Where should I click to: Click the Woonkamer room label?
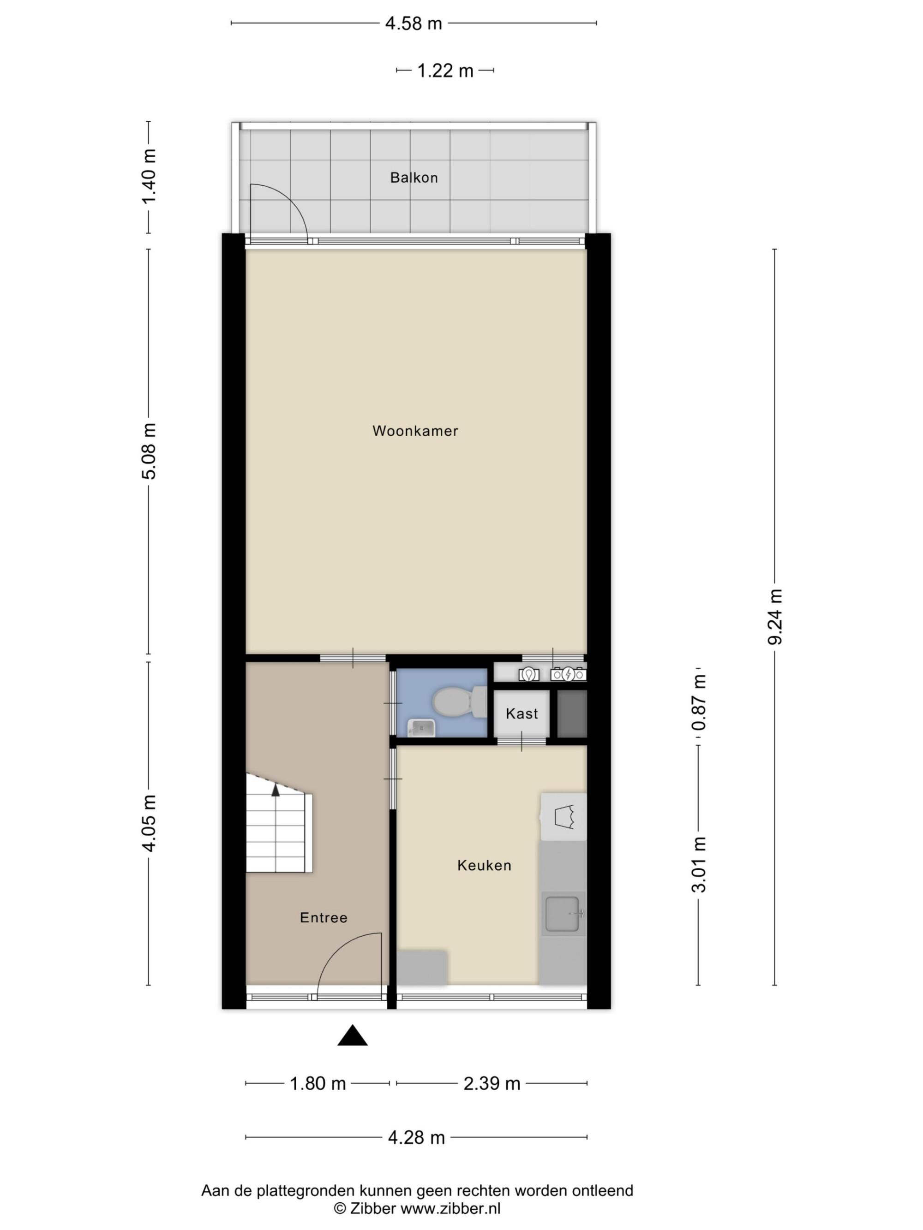[415, 431]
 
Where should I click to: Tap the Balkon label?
[414, 178]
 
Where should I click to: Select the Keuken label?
[484, 865]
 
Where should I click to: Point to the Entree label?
[323, 917]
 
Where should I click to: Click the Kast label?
[522, 713]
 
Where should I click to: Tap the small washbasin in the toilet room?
[421, 727]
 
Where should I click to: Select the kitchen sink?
[563, 914]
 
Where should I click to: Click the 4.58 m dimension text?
[414, 24]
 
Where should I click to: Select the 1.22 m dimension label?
[445, 71]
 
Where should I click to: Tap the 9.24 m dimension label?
[775, 617]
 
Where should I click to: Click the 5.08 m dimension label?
[149, 451]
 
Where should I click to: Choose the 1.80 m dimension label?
[318, 1083]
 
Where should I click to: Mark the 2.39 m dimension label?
[492, 1083]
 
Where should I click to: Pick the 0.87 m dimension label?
[699, 702]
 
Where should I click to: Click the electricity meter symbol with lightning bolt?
[568, 675]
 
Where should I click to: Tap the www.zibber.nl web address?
[450, 1208]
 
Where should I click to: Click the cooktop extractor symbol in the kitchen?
[563, 816]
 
